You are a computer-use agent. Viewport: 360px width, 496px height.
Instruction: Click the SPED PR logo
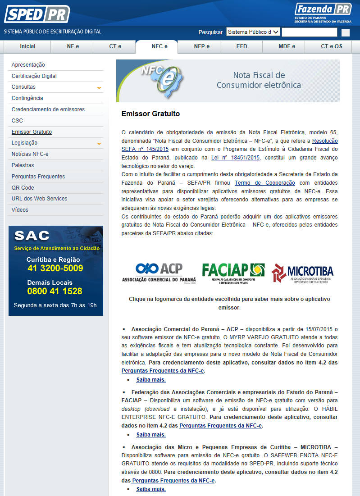[37, 14]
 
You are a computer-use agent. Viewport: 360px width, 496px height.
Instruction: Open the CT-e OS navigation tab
[331, 46]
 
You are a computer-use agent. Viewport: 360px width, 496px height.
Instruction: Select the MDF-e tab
[287, 46]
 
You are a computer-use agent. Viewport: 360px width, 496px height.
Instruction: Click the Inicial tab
[27, 46]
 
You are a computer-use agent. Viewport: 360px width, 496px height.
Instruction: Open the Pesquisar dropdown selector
[253, 32]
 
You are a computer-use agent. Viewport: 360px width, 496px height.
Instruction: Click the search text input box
[309, 32]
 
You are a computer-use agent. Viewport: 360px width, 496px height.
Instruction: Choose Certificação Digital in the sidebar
[34, 76]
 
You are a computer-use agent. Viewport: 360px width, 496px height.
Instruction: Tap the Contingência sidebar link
[27, 98]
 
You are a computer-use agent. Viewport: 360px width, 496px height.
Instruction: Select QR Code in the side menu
[23, 187]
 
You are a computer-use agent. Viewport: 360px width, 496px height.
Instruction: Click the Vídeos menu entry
[20, 210]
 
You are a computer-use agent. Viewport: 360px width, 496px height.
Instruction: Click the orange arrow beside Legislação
[99, 144]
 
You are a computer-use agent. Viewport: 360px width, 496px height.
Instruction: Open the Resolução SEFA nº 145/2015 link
[325, 141]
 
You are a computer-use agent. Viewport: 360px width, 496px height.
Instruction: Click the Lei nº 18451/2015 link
[235, 158]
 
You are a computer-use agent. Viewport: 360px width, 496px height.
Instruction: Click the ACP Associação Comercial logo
[159, 273]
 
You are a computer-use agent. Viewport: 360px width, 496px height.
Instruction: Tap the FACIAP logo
[233, 273]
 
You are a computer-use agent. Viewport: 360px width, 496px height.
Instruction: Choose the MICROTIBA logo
[302, 273]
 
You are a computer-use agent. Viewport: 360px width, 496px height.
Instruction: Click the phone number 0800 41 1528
[55, 291]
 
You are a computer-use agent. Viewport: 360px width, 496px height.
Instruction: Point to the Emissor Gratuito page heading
[150, 114]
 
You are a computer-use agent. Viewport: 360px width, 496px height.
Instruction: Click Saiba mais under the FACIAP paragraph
[151, 435]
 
